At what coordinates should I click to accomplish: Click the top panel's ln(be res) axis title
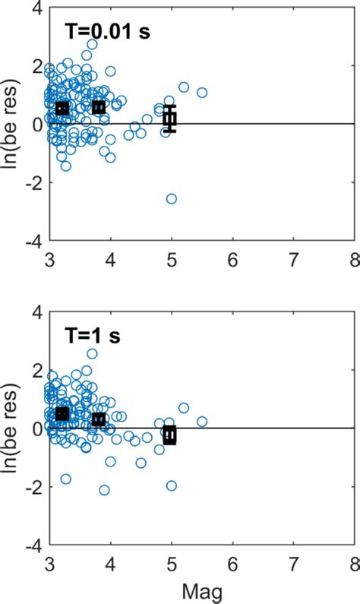point(11,123)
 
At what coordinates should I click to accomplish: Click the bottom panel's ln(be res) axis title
point(11,427)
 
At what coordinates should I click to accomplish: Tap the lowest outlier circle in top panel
point(172,198)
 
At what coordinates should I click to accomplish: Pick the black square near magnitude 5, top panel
point(170,118)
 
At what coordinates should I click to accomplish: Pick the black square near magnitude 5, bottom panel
point(170,435)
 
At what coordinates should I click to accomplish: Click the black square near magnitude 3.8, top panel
point(99,107)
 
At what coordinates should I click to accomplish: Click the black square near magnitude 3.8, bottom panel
point(99,419)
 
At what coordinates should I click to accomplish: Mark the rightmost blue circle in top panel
point(202,93)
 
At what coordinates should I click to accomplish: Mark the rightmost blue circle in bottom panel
point(202,421)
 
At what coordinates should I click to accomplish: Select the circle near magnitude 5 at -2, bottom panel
point(172,485)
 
